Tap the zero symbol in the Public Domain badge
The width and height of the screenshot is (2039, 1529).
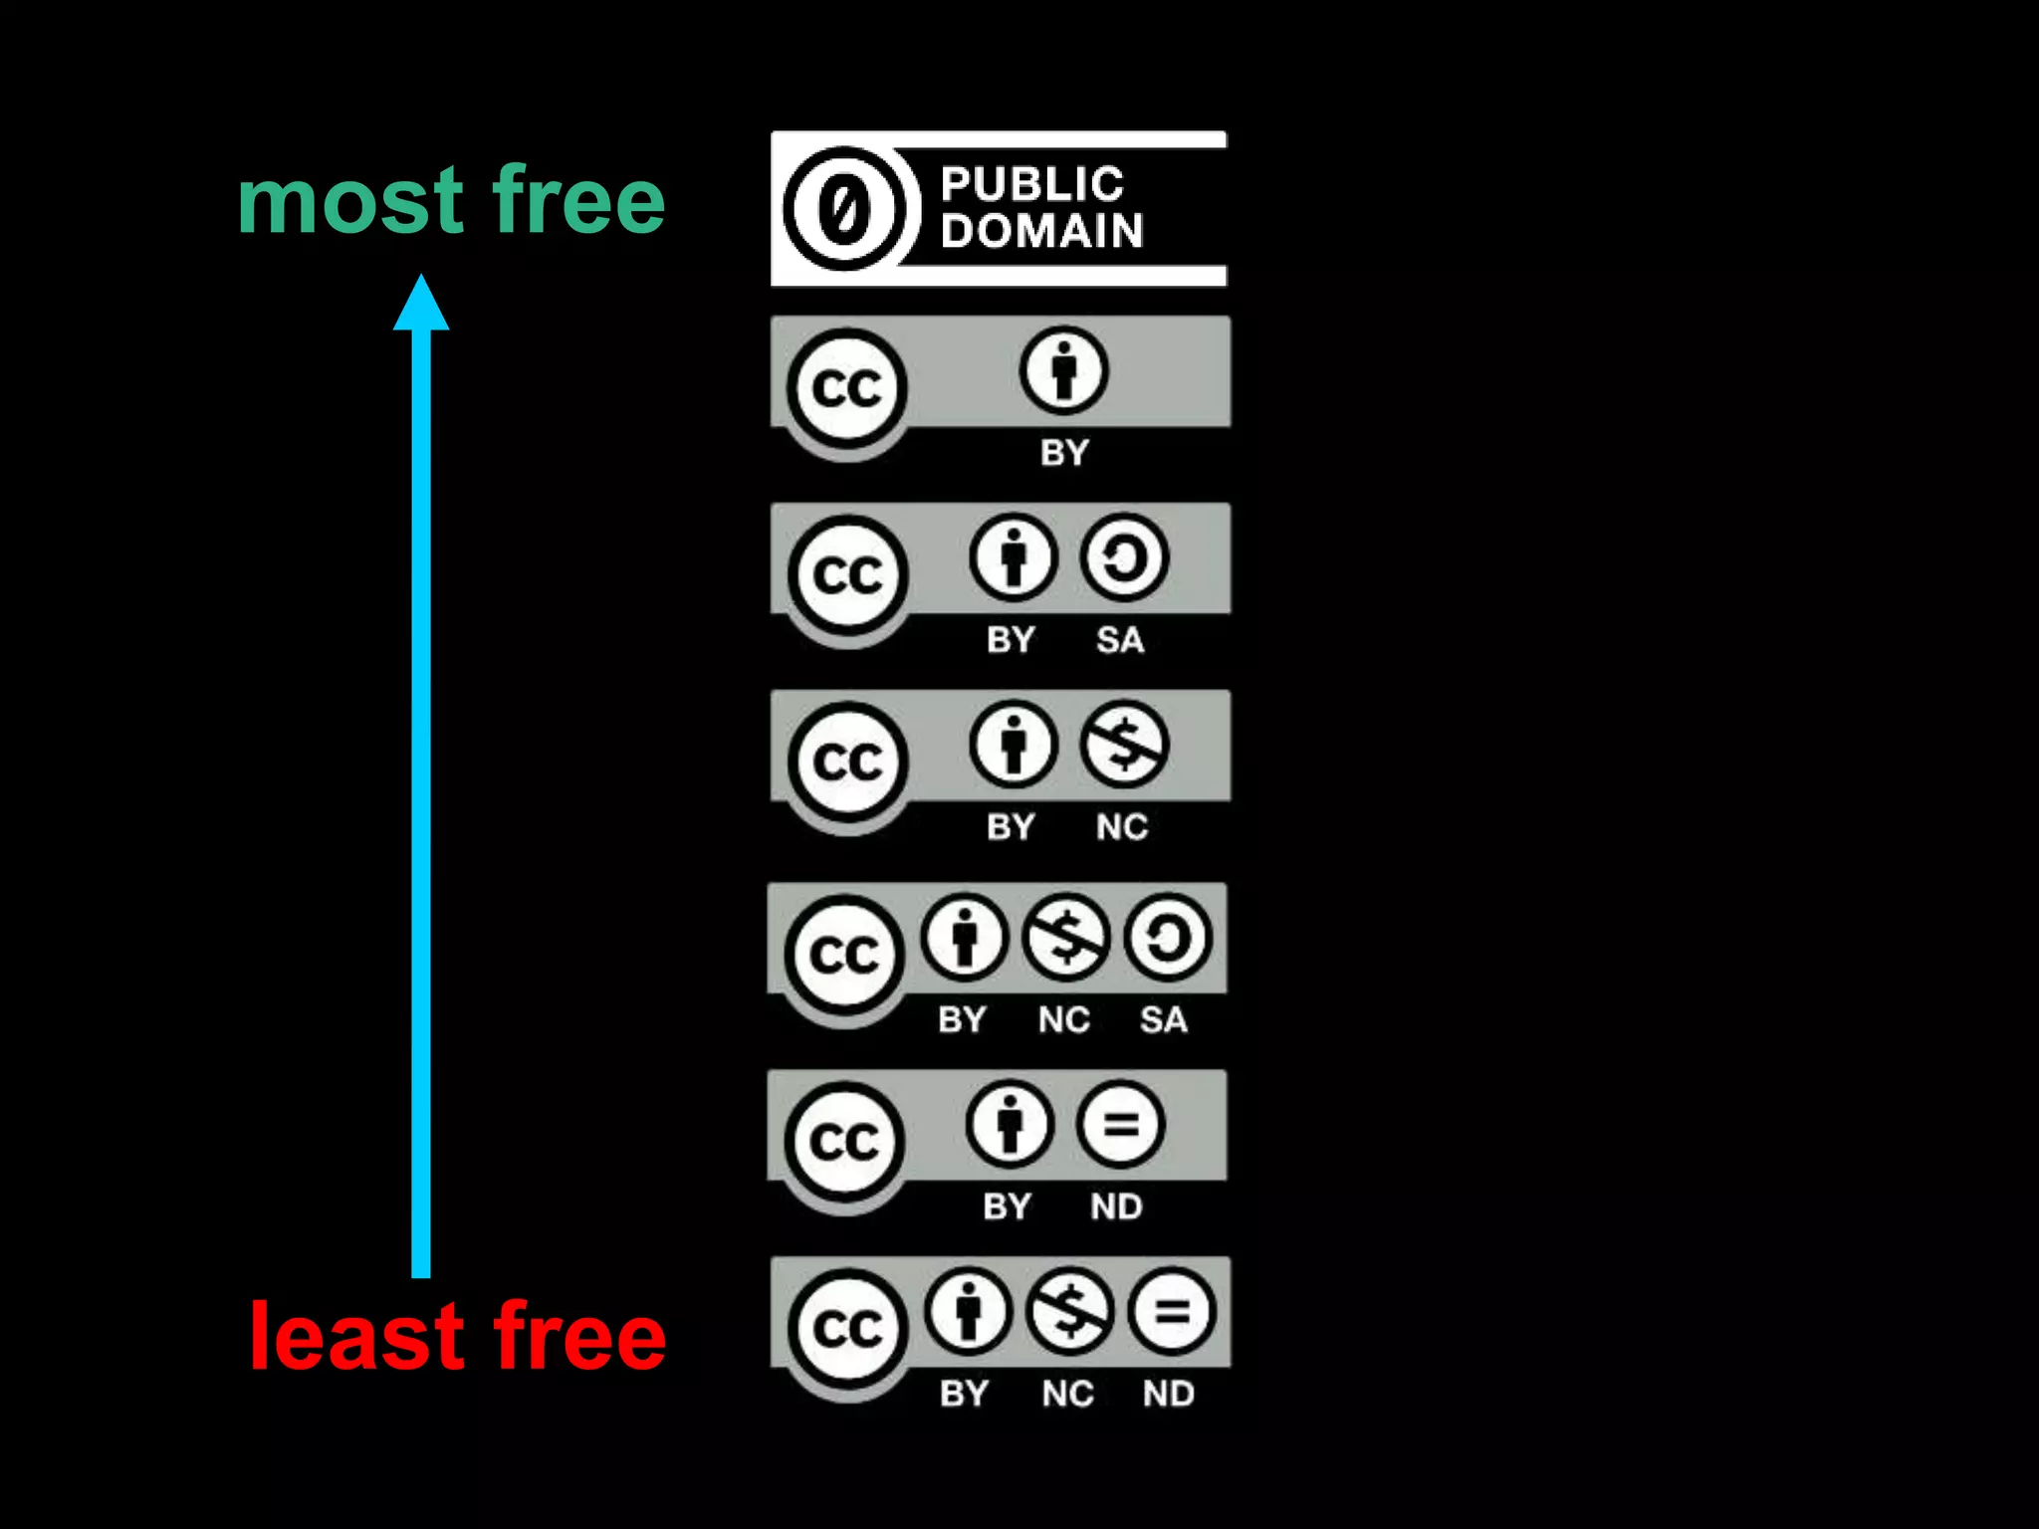(x=844, y=209)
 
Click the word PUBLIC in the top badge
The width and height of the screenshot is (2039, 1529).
(x=1032, y=184)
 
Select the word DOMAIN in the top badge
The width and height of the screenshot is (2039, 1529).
(x=1041, y=231)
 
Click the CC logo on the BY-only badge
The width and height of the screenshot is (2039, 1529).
(x=847, y=387)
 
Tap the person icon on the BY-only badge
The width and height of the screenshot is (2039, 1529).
(x=1063, y=370)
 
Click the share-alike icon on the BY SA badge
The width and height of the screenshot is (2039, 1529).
(x=1124, y=557)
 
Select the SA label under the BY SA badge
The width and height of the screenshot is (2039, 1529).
(x=1120, y=640)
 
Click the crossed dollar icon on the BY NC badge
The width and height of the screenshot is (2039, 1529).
(x=1124, y=745)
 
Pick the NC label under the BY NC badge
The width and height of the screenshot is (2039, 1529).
(x=1122, y=827)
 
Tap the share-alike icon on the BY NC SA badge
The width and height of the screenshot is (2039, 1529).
(x=1168, y=937)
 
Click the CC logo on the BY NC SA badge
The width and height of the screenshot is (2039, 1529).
(x=844, y=955)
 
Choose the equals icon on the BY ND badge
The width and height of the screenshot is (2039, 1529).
(x=1120, y=1125)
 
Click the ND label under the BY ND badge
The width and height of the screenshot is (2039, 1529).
(x=1116, y=1207)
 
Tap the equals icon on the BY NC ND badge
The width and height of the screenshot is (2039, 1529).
(x=1172, y=1311)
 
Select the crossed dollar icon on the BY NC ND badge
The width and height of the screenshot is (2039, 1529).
(x=1069, y=1311)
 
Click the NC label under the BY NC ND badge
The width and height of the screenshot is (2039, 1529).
(x=1068, y=1394)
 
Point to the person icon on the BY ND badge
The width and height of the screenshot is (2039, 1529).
(x=1010, y=1125)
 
